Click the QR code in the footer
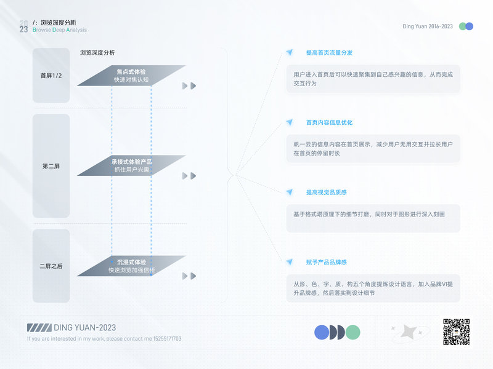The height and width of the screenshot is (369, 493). pos(457,332)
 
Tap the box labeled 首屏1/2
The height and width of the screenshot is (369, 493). pos(51,76)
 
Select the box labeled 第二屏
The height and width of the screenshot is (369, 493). pos(51,165)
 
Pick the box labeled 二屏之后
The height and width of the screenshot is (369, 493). pos(51,266)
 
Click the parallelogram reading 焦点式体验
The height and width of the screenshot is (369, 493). pos(131,76)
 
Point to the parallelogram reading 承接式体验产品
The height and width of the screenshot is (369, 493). pos(131,165)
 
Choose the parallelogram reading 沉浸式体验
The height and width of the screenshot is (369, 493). pos(131,266)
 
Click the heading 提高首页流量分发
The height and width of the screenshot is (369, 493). pos(329,53)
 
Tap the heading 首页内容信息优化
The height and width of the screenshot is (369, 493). pos(329,122)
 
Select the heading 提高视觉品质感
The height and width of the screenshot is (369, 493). pos(326,192)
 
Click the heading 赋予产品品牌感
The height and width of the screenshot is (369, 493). pos(326,262)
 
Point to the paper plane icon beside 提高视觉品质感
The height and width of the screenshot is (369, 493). pos(289,192)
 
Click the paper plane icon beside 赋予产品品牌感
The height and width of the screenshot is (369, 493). pos(289,262)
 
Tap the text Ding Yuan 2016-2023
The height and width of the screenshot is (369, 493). pos(427,26)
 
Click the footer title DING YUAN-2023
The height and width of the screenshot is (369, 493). pos(85,328)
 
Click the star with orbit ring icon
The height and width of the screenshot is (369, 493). pos(409,333)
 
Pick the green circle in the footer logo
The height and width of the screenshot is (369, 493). pos(352,333)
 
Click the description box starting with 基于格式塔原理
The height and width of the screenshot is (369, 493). pos(373,218)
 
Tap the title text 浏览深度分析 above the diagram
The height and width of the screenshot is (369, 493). pos(97,53)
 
